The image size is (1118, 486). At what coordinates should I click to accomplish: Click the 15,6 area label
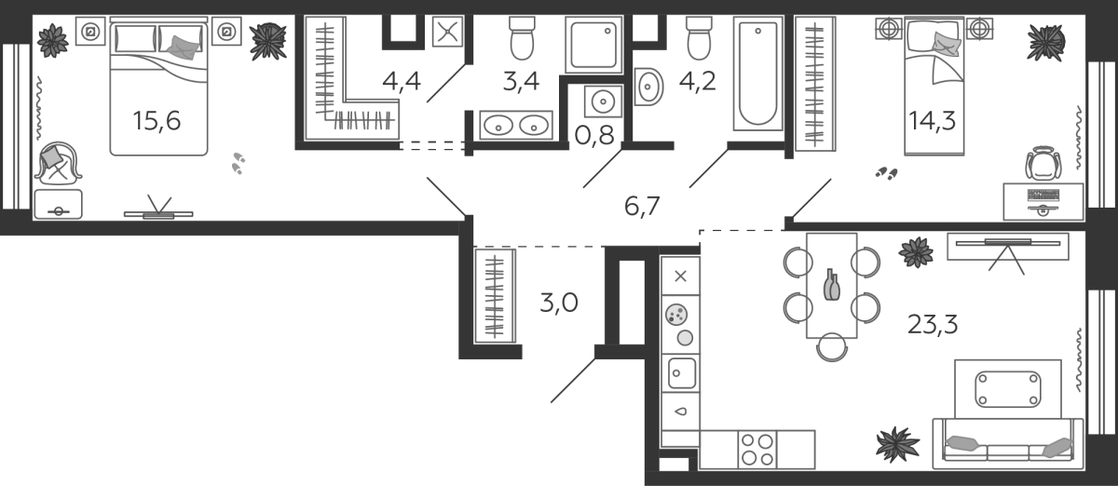(x=157, y=121)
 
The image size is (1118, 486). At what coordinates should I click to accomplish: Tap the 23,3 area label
(x=933, y=325)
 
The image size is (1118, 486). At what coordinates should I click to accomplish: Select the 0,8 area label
(x=594, y=135)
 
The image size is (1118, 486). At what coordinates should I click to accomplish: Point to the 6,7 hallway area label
(x=642, y=206)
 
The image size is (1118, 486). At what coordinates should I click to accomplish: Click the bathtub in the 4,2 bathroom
(x=757, y=74)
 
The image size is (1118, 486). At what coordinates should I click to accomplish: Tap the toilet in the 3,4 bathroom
(x=522, y=38)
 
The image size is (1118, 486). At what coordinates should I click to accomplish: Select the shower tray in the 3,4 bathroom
(x=594, y=45)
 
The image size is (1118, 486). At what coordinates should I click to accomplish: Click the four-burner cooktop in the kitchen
(x=757, y=450)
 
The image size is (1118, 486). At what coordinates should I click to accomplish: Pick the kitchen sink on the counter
(x=681, y=373)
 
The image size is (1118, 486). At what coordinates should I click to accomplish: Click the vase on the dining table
(x=831, y=286)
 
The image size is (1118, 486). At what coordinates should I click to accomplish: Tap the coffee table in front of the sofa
(x=1008, y=389)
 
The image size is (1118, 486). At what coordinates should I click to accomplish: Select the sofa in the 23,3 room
(x=1008, y=444)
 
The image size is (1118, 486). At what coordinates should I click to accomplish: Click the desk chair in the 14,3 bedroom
(x=1043, y=163)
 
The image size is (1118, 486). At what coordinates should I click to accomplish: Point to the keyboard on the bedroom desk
(x=1043, y=195)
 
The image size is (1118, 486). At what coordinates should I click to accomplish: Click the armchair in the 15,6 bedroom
(x=58, y=161)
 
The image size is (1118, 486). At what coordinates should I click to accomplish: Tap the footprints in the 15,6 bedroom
(x=239, y=164)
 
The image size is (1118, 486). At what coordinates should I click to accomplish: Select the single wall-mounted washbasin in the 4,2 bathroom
(x=648, y=87)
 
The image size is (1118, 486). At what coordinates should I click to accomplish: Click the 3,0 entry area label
(x=558, y=303)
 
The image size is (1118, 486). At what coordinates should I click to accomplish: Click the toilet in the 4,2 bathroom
(x=699, y=38)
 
